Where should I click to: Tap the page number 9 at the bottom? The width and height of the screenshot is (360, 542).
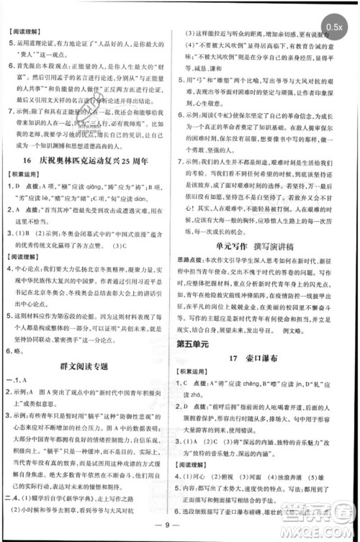(181, 531)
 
